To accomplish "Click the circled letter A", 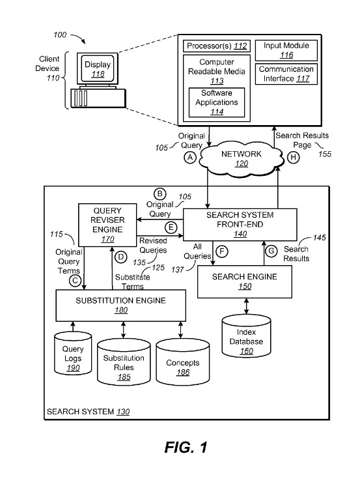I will tap(190, 157).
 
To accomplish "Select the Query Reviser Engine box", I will tap(107, 225).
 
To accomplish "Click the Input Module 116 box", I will tap(286, 50).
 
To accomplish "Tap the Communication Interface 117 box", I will tap(286, 74).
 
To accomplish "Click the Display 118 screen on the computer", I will tap(97, 68).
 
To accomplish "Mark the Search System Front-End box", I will tap(240, 225).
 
